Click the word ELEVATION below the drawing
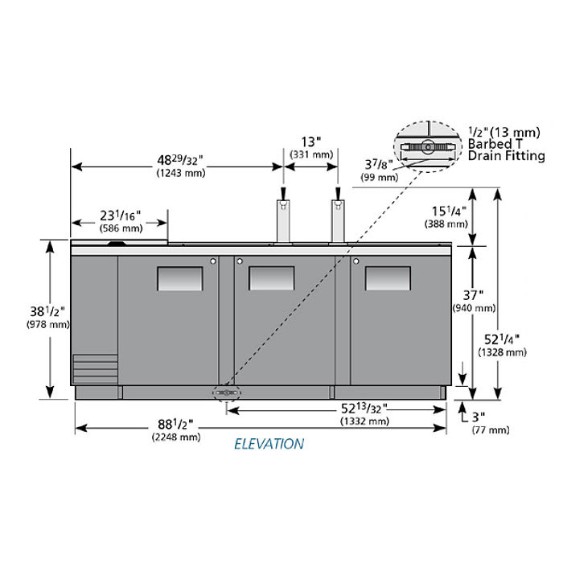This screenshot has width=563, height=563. coord(269,444)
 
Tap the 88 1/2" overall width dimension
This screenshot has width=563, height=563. coord(175,425)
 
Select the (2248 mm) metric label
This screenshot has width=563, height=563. coord(176,437)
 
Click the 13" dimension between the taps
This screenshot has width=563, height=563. coord(310,142)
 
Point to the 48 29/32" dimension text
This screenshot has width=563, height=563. coord(180,160)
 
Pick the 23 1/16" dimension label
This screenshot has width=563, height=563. coord(121,216)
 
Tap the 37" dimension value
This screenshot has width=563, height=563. coord(473,295)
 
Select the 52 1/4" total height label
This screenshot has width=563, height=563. coord(502,339)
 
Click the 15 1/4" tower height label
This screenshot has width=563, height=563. coord(449,211)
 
